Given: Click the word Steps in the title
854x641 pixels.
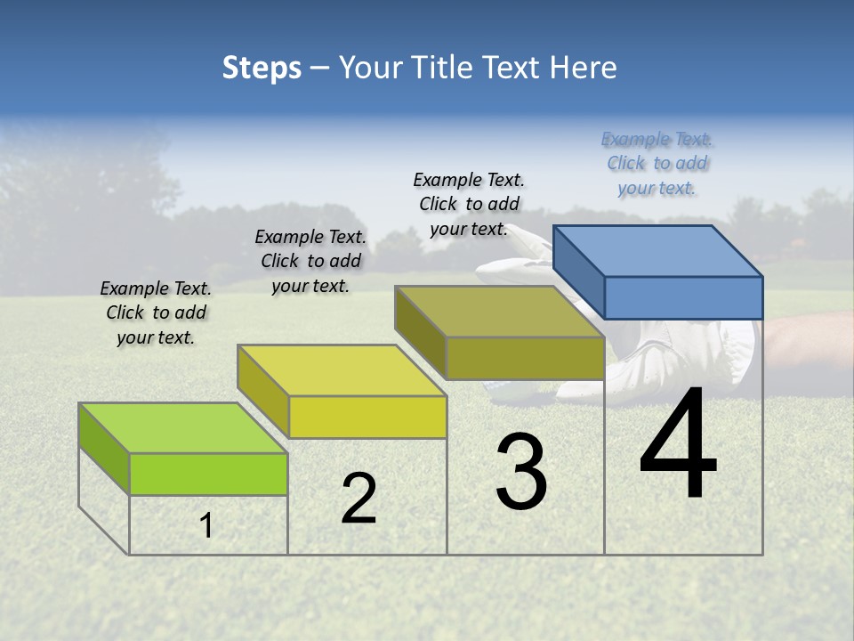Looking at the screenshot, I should [261, 68].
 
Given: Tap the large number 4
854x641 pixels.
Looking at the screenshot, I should [678, 445].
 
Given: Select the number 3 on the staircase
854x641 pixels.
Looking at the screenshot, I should [520, 472].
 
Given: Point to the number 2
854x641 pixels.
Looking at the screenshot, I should [359, 499].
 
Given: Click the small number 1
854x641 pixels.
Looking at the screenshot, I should [206, 526].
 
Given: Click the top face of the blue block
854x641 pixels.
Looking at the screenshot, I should [658, 250].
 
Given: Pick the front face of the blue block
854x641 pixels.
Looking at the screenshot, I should [683, 297].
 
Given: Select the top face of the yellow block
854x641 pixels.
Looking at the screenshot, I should [342, 369].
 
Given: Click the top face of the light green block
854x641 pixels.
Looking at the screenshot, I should [183, 427].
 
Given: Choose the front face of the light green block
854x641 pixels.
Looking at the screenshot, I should [208, 474].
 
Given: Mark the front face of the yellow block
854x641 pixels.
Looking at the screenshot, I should [367, 417].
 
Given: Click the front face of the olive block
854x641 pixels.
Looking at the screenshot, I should [525, 358].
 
